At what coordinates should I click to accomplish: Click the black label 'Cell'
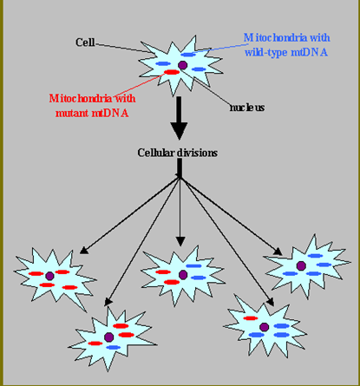point(85,43)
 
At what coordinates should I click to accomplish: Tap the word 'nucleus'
point(247,108)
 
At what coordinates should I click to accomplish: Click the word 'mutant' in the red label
point(72,113)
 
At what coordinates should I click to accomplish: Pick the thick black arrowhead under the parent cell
point(179,131)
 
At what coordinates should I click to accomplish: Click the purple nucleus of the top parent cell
point(182,65)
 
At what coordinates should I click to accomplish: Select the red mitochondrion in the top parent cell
point(172,72)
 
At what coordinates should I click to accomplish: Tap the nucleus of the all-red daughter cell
point(49,276)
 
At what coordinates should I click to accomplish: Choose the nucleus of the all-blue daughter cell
point(301,265)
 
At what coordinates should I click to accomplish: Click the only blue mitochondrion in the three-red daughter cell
point(114,347)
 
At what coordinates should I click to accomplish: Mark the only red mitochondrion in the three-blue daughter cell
point(251,318)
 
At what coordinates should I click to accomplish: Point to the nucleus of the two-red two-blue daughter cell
point(183,275)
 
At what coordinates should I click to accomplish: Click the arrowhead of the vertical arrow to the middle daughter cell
point(180,241)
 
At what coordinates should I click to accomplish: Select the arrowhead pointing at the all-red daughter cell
point(84,250)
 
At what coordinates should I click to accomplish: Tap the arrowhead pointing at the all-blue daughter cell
point(278,252)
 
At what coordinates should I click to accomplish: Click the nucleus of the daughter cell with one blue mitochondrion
point(108,337)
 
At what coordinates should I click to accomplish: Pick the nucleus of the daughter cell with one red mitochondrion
point(264,327)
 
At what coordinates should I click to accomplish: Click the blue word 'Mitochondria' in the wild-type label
point(275,38)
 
